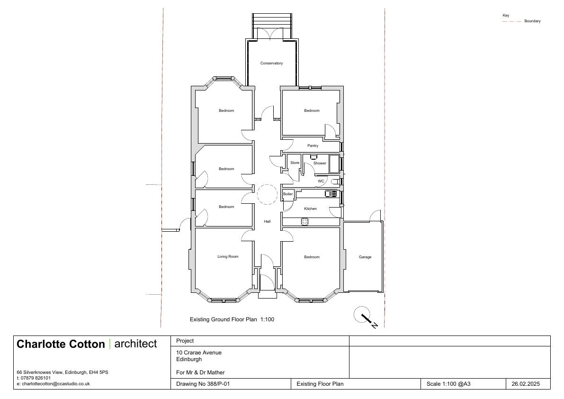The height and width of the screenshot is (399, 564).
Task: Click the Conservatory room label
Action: click(x=271, y=63)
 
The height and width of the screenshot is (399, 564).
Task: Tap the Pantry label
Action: click(x=313, y=145)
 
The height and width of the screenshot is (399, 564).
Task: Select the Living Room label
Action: click(x=228, y=256)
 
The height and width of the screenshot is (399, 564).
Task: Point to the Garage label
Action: click(x=365, y=257)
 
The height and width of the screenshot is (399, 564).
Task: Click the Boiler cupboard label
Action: click(x=288, y=194)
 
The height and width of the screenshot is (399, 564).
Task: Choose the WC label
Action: click(x=321, y=181)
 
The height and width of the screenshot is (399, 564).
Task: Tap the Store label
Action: click(x=295, y=163)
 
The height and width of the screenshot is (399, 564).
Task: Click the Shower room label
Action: click(x=320, y=163)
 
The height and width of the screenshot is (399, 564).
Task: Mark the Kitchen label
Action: click(x=311, y=209)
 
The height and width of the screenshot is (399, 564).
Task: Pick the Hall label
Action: click(x=267, y=221)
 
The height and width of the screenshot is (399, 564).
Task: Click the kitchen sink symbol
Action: click(x=331, y=193)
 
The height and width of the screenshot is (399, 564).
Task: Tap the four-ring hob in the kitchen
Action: click(x=304, y=222)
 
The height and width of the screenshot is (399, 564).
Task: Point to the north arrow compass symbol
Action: click(x=365, y=317)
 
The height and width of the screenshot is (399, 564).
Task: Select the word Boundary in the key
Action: click(x=532, y=21)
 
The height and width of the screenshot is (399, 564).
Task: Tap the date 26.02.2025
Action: click(x=526, y=384)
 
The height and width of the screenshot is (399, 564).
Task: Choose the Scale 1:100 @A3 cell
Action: click(x=448, y=384)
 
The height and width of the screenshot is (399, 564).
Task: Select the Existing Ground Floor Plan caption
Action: click(x=232, y=319)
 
